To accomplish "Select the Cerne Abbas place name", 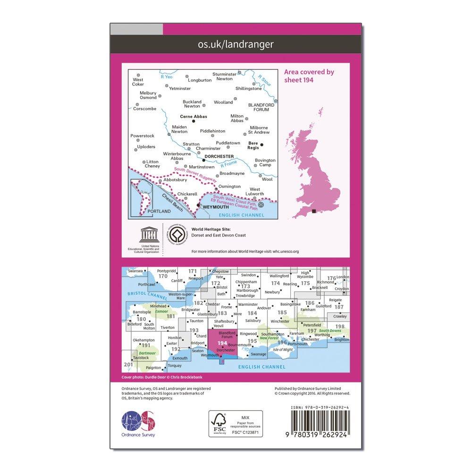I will click(x=194, y=117).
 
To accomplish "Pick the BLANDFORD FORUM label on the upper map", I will click(x=258, y=107).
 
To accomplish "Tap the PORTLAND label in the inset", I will click(x=155, y=212).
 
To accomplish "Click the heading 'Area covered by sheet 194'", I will click(x=309, y=76).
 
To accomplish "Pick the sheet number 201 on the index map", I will click(x=127, y=365).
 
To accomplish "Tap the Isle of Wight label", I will click(x=283, y=350).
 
